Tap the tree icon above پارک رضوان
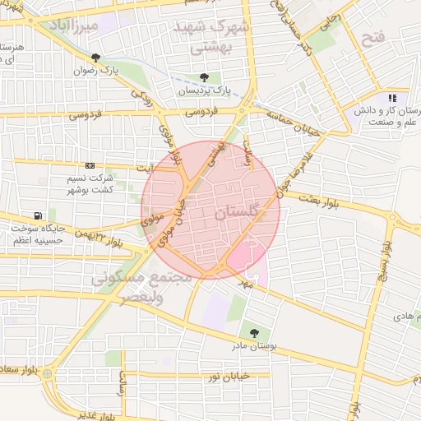coord(97,58)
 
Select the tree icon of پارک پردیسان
coord(203,78)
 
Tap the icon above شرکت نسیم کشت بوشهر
coord(90,166)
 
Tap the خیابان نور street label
coord(227,376)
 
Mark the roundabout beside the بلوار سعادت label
coord(48,374)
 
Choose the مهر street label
coord(244,283)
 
